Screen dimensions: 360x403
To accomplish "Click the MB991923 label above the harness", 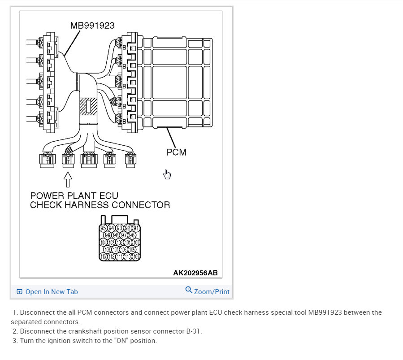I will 92,26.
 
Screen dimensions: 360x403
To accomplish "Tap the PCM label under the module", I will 176,152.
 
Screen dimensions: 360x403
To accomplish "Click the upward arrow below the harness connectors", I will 68,179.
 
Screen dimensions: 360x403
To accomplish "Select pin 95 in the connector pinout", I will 104,228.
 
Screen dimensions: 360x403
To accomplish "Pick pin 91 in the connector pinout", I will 136,228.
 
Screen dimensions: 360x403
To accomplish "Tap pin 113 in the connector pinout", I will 104,256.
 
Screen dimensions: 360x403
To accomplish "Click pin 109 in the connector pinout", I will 136,256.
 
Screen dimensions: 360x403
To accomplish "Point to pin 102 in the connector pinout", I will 120,243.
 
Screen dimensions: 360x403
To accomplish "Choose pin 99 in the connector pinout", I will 108,235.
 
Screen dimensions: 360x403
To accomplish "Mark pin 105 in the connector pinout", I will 132,249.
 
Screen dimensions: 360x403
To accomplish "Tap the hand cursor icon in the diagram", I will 167,174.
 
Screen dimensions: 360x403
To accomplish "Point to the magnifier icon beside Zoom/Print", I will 189,291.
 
